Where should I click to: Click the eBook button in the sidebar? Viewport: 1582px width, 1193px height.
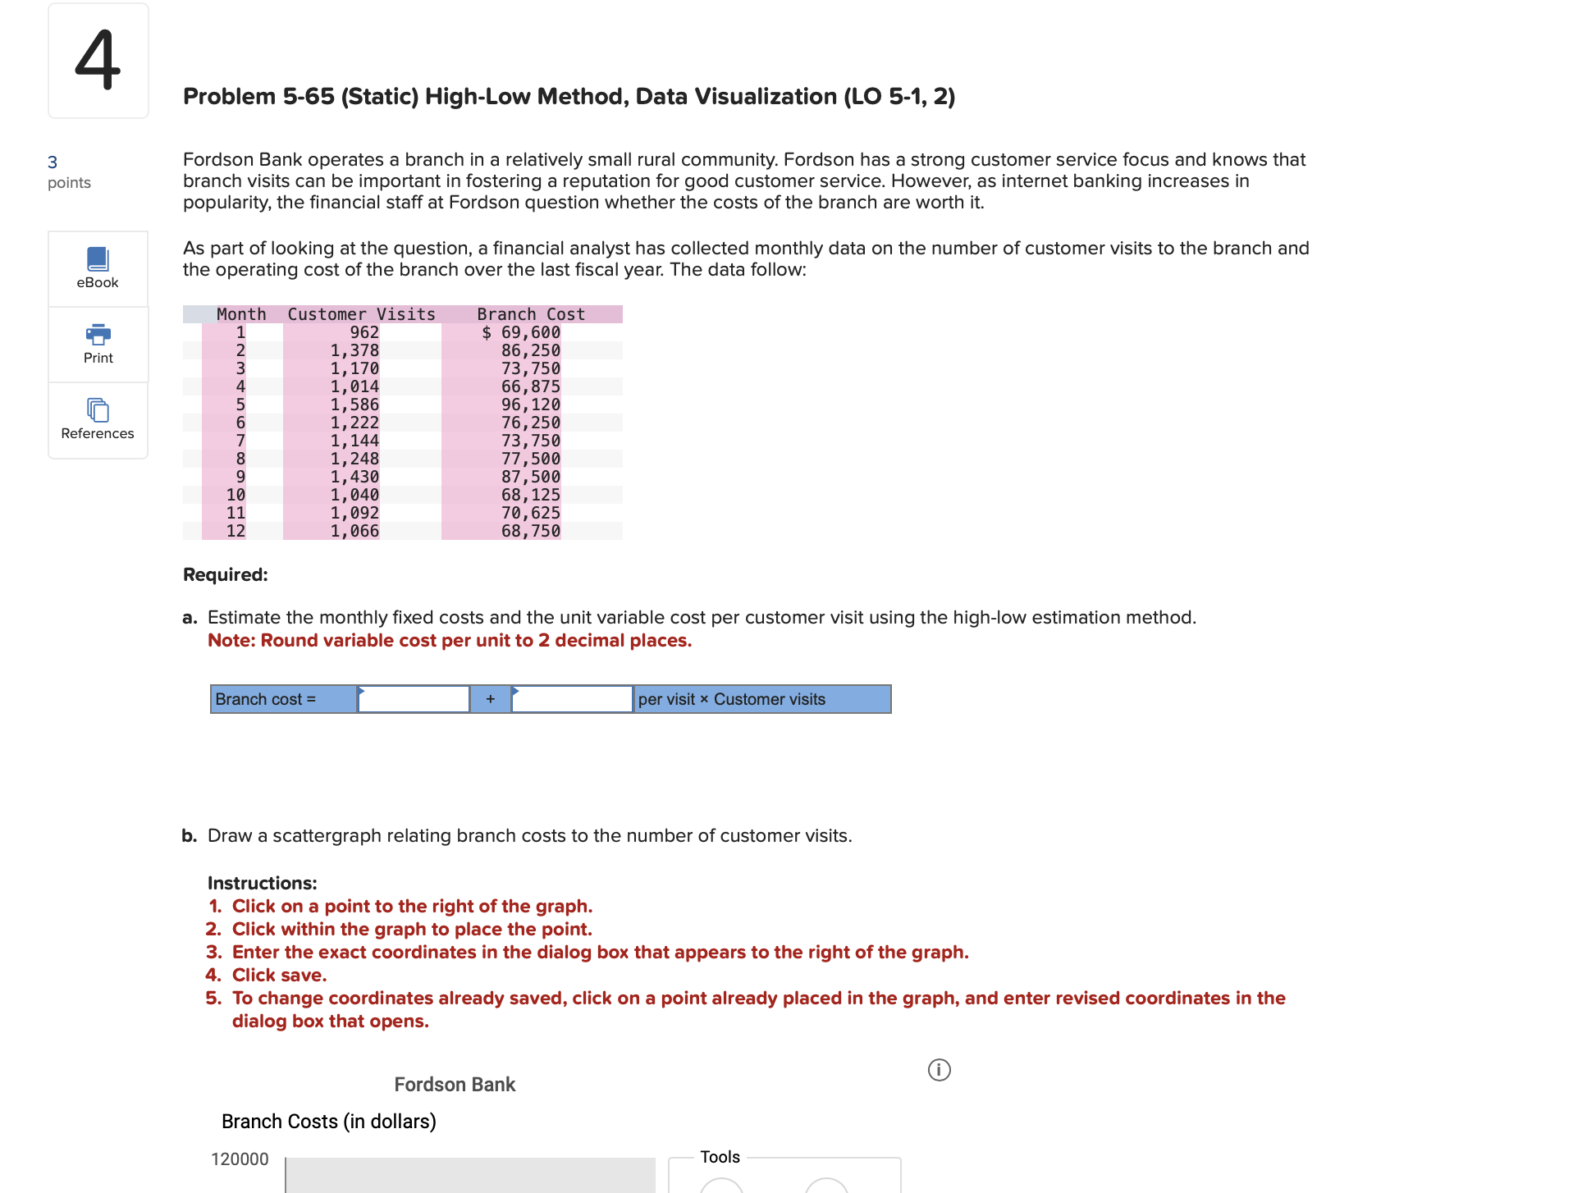98,268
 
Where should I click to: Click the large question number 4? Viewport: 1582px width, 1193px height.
98,60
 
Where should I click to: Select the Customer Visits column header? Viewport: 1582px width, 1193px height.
361,314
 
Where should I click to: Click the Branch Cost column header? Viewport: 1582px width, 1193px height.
531,314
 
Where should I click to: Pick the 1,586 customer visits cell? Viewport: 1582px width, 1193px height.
354,405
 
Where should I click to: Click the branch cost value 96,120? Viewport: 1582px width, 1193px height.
531,405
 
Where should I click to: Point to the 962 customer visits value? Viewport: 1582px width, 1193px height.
364,332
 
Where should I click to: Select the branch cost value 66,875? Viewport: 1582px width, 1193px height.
531,386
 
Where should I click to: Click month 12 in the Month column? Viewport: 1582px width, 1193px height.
235,531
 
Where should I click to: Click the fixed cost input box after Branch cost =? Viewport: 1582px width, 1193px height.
414,699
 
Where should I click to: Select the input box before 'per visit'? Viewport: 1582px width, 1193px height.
572,699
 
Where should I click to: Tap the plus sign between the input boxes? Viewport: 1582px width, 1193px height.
490,699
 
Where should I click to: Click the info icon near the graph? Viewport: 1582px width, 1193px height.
939,1070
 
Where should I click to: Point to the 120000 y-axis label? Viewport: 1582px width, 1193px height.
240,1159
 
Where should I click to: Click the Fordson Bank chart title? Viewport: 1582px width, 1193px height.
455,1085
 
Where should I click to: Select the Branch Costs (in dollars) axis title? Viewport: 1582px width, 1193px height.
329,1122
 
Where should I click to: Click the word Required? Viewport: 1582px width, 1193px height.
226,574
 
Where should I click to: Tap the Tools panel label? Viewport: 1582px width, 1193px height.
720,1157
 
